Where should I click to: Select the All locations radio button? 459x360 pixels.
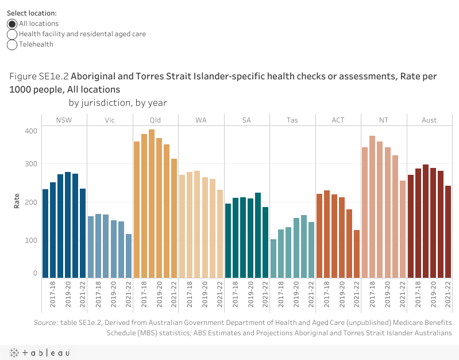tap(12, 24)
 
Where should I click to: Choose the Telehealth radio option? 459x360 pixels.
tap(12, 44)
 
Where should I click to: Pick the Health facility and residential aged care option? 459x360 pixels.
tap(12, 34)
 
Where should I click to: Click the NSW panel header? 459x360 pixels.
tap(64, 120)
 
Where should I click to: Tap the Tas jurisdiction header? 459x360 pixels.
tap(292, 120)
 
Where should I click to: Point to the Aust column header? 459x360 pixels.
tap(429, 120)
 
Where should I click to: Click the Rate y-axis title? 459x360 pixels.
tap(17, 202)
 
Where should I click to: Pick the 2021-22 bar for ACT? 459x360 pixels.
tap(357, 254)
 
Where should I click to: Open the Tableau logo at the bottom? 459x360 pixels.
tap(40, 352)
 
